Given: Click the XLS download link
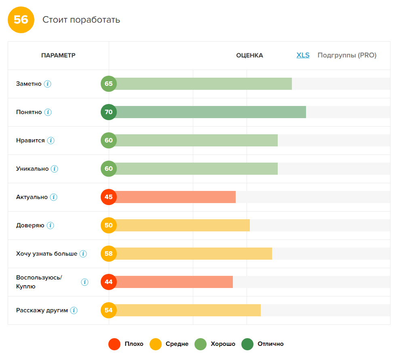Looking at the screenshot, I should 303,55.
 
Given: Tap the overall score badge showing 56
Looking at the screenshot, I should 21,20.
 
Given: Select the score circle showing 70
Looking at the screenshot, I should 109,112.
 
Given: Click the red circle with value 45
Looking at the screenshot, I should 109,197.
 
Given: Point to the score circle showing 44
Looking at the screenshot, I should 109,282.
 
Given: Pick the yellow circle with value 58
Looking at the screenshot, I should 109,254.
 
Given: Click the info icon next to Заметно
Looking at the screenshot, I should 48,84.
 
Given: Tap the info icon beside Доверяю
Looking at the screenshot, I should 50,226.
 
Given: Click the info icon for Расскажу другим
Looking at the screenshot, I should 74,311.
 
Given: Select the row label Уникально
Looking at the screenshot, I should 32,169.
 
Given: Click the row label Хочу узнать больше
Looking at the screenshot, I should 46,254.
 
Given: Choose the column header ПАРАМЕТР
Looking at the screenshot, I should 58,55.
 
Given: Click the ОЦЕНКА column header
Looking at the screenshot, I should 249,55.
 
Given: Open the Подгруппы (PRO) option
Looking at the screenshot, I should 347,55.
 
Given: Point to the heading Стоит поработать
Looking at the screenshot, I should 81,20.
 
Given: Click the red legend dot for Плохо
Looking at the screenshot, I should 114,344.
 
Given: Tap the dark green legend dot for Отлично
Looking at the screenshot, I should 247,344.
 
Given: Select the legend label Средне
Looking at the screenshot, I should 177,344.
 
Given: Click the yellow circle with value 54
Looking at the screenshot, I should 109,310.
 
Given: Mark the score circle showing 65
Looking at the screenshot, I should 109,84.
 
